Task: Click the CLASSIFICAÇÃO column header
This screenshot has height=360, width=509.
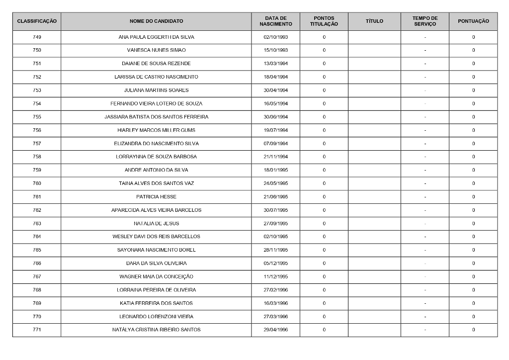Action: click(x=37, y=21)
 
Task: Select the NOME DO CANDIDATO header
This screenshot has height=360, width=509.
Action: click(x=156, y=21)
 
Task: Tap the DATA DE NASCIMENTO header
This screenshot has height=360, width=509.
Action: click(x=275, y=21)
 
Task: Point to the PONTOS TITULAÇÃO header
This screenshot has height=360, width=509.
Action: click(x=324, y=21)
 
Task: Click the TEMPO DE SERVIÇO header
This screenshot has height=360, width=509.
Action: click(x=424, y=21)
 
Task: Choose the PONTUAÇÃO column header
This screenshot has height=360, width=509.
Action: click(x=473, y=21)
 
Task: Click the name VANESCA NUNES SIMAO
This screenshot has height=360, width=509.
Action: click(x=156, y=50)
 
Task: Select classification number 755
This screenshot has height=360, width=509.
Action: click(x=37, y=117)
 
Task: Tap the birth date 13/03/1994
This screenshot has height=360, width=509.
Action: click(x=275, y=64)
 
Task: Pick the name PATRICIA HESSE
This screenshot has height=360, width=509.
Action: click(x=156, y=197)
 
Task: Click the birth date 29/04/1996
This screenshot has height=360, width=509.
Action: click(x=275, y=330)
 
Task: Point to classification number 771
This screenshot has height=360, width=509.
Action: click(x=37, y=330)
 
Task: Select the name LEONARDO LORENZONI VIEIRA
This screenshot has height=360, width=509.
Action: click(x=156, y=316)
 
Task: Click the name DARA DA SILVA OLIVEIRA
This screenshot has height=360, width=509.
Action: click(x=156, y=263)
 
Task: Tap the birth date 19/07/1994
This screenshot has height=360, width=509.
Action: click(x=275, y=130)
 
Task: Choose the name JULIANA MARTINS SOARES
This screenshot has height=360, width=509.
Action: click(x=156, y=90)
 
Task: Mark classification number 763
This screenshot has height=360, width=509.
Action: click(x=37, y=223)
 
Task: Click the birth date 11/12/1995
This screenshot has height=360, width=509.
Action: click(x=275, y=276)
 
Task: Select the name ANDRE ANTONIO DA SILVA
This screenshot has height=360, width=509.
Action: click(x=156, y=170)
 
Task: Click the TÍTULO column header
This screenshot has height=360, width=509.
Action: click(x=374, y=21)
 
